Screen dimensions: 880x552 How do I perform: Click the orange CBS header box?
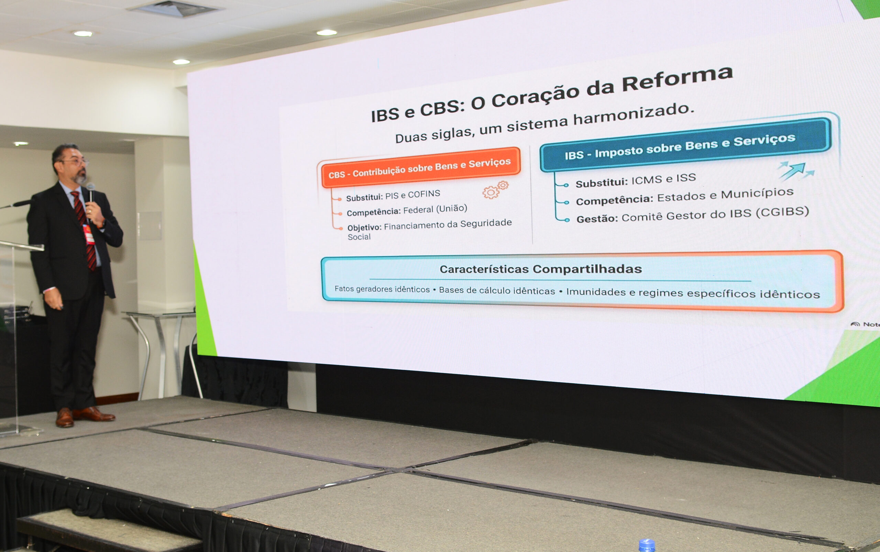[421, 167]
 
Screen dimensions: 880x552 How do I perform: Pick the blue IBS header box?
[685, 145]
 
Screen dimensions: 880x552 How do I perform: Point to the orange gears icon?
[495, 190]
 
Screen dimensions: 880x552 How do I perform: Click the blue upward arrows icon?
[796, 171]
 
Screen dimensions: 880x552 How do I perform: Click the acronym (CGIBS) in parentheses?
[782, 212]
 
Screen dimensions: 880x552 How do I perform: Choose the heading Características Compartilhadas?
[541, 269]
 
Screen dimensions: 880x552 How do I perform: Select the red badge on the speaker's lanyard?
[89, 234]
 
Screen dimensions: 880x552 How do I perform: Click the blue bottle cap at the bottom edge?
[647, 545]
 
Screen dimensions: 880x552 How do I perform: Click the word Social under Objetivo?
[359, 237]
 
